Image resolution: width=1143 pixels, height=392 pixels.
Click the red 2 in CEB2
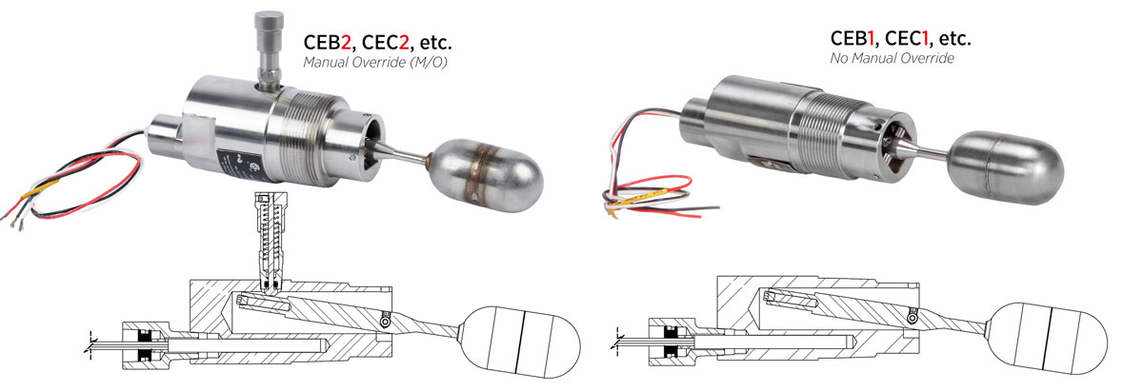pos(346,43)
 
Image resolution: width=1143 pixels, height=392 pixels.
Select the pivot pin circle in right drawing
pos(912,321)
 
